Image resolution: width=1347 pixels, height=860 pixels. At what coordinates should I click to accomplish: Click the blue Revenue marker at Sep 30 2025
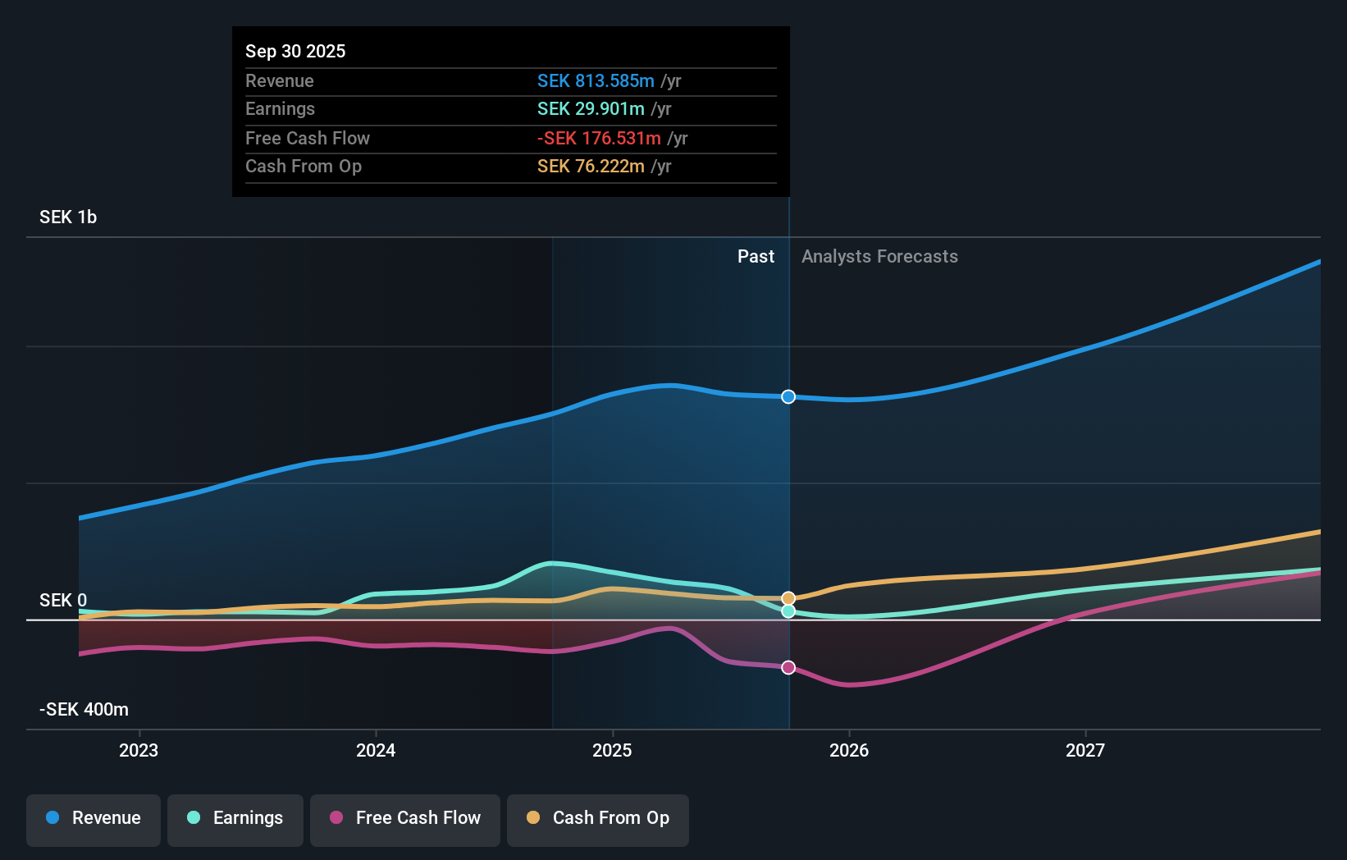coord(788,397)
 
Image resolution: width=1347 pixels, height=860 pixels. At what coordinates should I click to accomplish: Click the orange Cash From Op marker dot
coord(788,598)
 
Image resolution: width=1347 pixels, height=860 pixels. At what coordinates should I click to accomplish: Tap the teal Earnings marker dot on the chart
coord(788,611)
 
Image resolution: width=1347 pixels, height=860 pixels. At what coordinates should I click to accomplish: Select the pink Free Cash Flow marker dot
coord(788,667)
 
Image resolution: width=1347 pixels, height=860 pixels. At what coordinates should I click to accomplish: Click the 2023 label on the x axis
coord(139,750)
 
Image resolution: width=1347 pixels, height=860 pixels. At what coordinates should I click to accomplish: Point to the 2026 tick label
coord(848,750)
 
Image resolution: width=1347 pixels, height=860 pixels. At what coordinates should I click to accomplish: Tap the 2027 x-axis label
coord(1084,750)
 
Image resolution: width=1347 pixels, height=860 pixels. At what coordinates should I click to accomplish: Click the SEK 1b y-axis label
coord(68,217)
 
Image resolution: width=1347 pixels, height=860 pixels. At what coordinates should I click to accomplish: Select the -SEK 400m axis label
coord(84,710)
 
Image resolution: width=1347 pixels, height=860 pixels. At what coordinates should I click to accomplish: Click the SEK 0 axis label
coord(63,601)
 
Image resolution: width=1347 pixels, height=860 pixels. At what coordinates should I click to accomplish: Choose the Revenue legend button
coord(94,818)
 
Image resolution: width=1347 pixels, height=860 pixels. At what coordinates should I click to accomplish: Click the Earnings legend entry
coord(235,818)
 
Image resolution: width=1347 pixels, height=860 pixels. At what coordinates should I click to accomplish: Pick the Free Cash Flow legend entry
coord(405,818)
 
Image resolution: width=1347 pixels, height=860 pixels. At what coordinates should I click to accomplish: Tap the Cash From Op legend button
coord(598,818)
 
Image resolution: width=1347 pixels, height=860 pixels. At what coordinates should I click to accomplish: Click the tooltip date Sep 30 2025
coord(295,51)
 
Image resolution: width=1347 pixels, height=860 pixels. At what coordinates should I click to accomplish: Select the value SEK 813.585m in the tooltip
coord(596,81)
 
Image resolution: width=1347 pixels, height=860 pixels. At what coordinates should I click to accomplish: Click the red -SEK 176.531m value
coord(599,139)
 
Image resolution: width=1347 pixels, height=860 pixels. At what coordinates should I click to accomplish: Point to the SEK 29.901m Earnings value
coord(591,109)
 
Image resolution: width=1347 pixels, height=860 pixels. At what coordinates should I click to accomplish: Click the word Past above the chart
coord(756,257)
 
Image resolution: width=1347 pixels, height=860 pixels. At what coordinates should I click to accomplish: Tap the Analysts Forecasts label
coord(879,257)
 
